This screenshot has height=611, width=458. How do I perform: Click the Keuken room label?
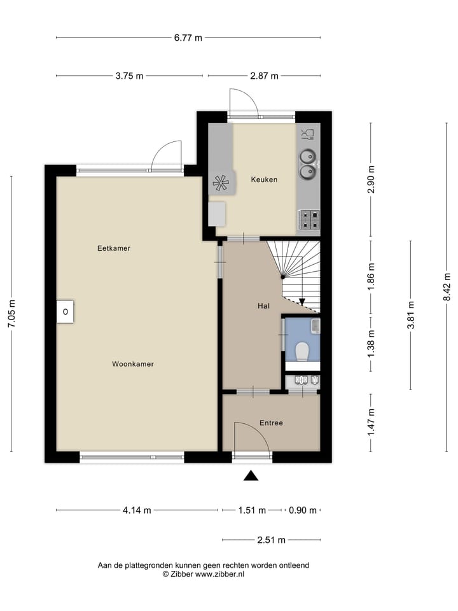263,179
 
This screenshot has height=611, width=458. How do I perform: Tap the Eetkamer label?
114,248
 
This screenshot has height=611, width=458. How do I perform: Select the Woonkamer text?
133,364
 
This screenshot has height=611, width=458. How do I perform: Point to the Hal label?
263,306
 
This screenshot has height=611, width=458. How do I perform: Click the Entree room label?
271,423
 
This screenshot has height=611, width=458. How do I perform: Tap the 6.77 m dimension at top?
188,38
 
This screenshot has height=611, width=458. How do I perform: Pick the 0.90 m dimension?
302,510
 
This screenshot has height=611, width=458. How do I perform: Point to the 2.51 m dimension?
271,540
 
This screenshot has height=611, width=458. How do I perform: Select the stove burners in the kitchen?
309,220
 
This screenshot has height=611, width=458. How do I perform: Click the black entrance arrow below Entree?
252,475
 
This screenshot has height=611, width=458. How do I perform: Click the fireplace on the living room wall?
65,312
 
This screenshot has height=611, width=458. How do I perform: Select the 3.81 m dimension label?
411,315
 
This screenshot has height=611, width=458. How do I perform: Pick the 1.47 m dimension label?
370,423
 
